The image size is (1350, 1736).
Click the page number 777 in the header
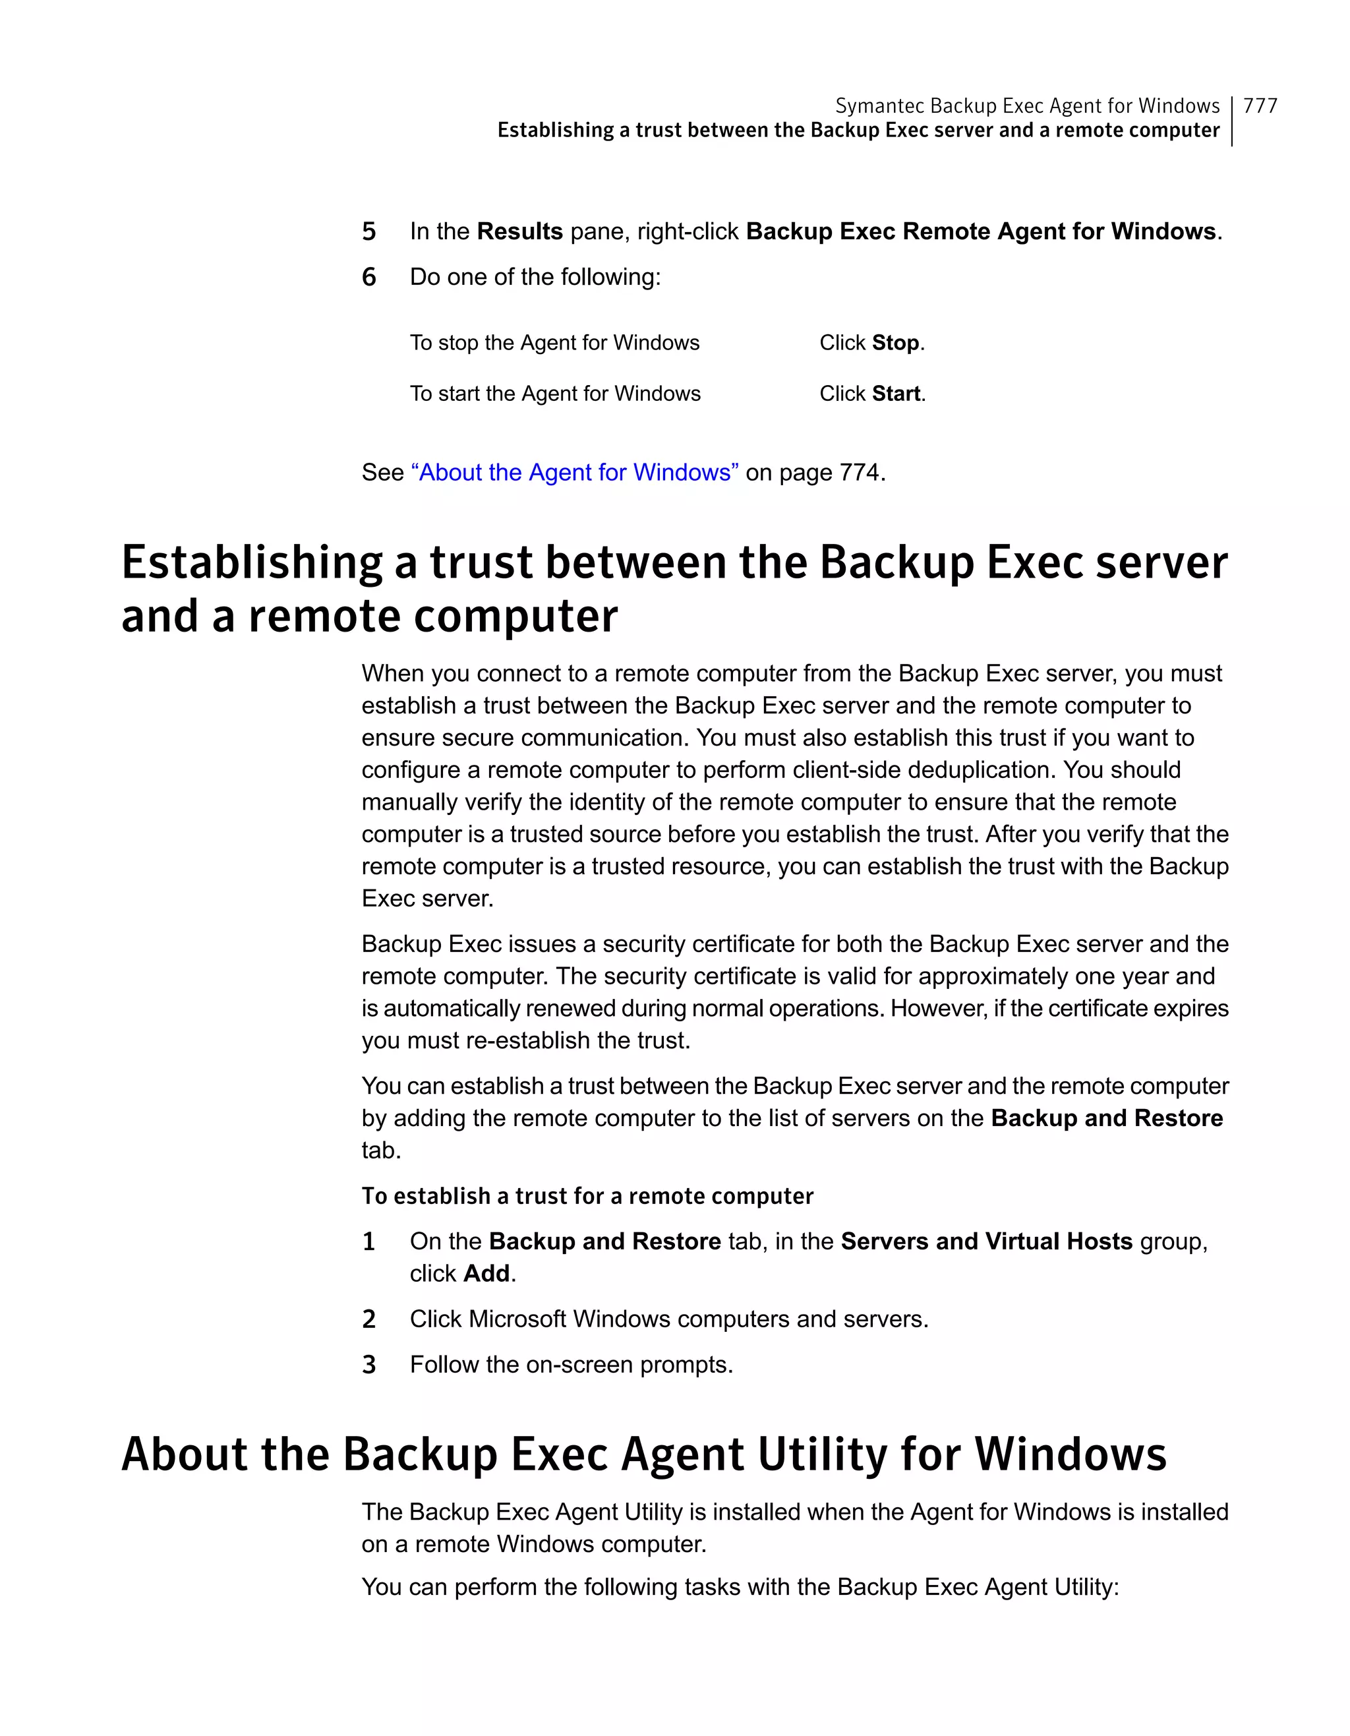(1260, 105)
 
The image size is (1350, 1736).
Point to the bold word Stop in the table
(896, 343)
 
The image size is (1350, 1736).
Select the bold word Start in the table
(896, 394)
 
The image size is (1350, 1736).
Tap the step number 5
(368, 232)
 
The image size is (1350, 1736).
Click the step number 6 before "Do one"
(368, 278)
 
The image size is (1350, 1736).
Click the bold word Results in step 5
(519, 231)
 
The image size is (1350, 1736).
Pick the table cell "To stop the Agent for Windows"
(554, 343)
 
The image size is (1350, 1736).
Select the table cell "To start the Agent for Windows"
(554, 394)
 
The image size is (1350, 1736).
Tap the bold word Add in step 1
(486, 1273)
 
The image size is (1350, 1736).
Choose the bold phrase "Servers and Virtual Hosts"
(986, 1241)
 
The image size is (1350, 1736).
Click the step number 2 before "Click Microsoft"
(368, 1319)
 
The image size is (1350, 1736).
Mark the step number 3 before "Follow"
(368, 1365)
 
